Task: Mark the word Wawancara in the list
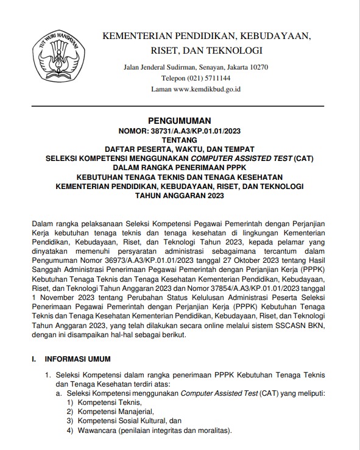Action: point(97,431)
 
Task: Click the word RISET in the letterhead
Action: point(121,50)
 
